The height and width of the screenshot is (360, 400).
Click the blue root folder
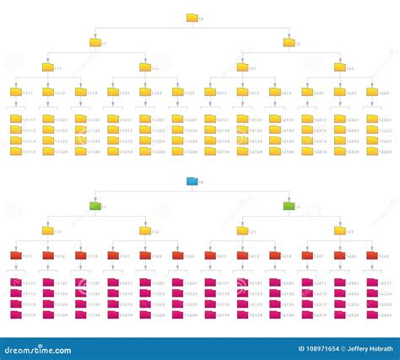point(192,181)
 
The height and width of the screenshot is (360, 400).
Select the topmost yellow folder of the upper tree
point(192,17)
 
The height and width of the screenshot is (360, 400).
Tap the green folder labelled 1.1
point(95,206)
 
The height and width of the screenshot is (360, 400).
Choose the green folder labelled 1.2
point(289,206)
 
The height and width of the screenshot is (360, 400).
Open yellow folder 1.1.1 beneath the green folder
point(47,230)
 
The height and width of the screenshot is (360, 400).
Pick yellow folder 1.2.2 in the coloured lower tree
point(338,230)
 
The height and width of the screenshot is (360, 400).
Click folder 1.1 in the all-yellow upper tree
point(95,41)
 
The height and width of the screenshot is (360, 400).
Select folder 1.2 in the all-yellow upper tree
point(289,41)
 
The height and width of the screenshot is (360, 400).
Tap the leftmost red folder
point(15,255)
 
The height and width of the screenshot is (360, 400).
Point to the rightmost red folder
point(371,255)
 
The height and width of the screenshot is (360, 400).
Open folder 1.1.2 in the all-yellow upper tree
point(144,67)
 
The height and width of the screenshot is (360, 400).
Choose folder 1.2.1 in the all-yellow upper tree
point(241,67)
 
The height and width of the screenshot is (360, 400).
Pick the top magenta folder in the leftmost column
point(15,282)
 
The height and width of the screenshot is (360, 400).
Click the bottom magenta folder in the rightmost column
point(371,314)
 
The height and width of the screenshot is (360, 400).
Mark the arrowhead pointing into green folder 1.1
point(95,199)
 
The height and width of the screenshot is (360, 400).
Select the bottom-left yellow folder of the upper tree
point(15,151)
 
